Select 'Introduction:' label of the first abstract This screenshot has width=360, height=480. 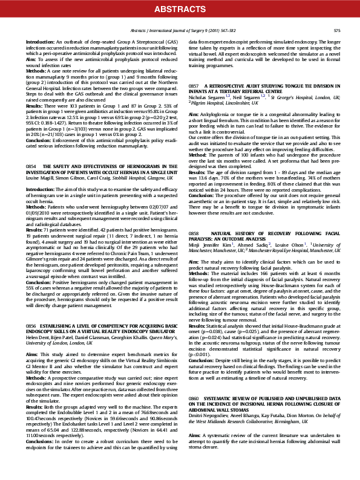(40, 42)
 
